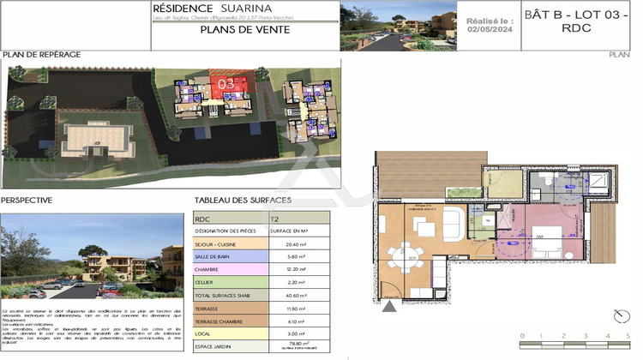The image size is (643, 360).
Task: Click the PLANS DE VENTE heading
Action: point(244,29)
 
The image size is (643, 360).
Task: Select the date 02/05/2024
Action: point(490,28)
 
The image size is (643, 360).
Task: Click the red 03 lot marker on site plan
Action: point(227,84)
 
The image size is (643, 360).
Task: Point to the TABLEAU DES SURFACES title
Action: point(243,200)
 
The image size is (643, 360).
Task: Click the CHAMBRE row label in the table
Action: point(209,268)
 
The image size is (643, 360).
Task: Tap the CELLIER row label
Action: point(207,282)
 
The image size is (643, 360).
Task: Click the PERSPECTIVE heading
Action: point(27,200)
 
